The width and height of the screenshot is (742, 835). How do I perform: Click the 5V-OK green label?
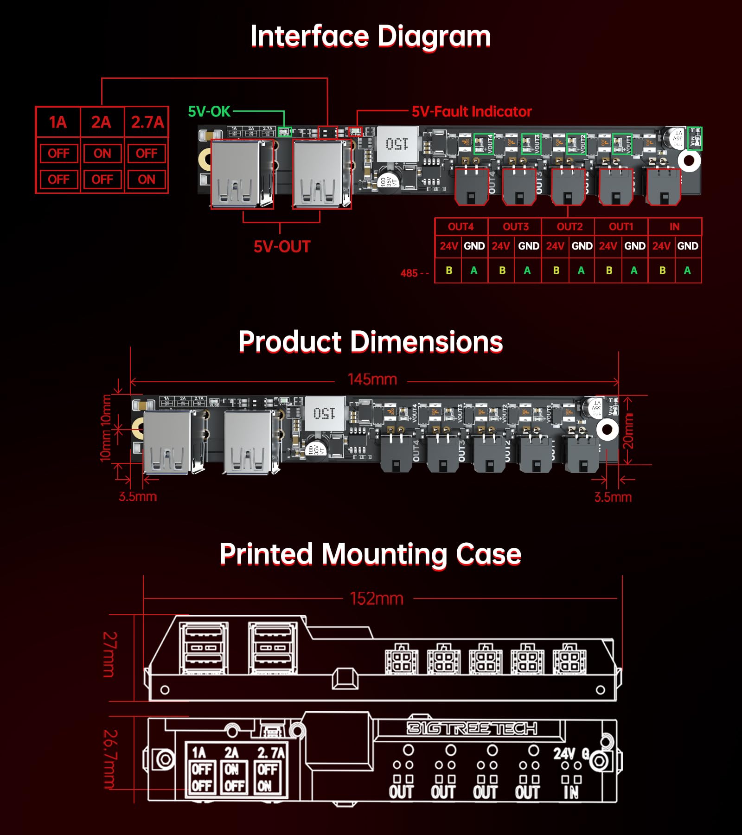click(x=209, y=111)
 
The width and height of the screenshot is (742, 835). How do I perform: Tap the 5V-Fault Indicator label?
click(x=471, y=111)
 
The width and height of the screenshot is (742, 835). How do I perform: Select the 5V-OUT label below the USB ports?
click(x=281, y=246)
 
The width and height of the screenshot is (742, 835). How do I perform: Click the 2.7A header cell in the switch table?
click(x=147, y=122)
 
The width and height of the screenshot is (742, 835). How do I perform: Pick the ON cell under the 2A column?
click(x=102, y=153)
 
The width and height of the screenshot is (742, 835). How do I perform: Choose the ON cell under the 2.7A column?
click(x=147, y=179)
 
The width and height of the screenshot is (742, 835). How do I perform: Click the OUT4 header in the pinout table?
click(x=461, y=226)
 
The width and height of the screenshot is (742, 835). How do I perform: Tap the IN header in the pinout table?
click(x=674, y=226)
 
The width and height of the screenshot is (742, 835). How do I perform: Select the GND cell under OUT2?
click(x=582, y=246)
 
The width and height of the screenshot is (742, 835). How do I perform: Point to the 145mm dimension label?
click(x=372, y=379)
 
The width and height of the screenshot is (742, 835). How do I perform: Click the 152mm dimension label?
click(x=377, y=598)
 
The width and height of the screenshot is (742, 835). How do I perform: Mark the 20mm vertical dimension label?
click(x=627, y=431)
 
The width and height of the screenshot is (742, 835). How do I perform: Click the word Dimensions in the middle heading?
click(x=426, y=342)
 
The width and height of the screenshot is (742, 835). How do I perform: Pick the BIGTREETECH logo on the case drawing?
click(x=472, y=728)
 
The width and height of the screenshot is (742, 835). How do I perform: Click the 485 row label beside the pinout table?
click(x=414, y=273)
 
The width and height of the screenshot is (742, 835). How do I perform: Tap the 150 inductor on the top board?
click(x=397, y=144)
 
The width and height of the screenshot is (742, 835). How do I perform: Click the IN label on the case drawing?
click(x=571, y=792)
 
